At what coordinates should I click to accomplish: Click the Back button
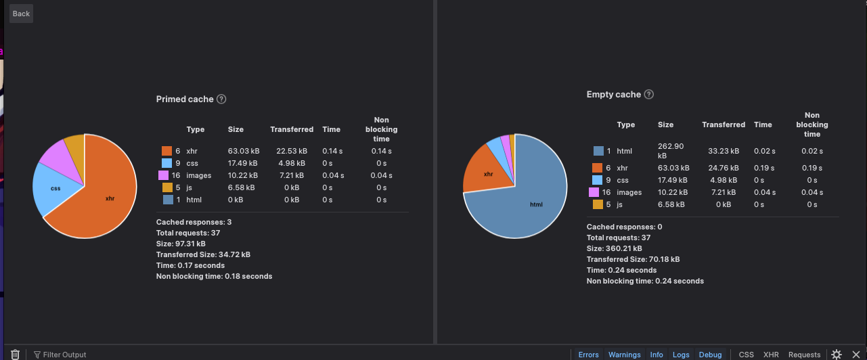click(21, 14)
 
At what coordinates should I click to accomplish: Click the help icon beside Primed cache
click(221, 99)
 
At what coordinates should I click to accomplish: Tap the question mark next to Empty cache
click(649, 95)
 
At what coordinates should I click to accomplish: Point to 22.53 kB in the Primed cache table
click(292, 151)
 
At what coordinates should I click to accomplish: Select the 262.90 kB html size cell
click(671, 151)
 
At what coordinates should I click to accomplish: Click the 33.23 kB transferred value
click(724, 151)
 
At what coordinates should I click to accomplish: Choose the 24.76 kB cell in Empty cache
click(724, 168)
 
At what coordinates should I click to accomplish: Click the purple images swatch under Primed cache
click(163, 175)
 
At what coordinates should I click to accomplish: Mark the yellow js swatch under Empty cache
click(598, 204)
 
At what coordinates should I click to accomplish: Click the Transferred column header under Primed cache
click(292, 129)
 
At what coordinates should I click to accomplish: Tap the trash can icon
click(15, 354)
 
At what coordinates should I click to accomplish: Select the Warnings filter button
click(624, 355)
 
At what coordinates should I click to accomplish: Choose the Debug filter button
click(710, 355)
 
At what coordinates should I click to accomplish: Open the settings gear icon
click(837, 354)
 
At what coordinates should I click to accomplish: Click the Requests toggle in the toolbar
click(804, 355)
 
